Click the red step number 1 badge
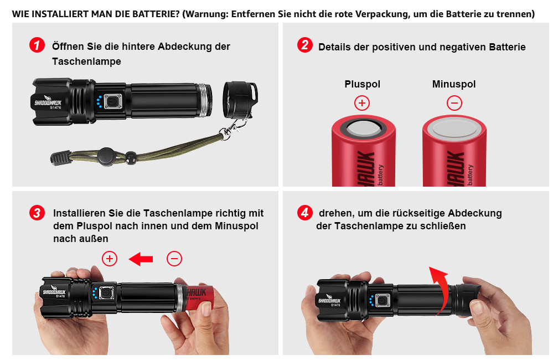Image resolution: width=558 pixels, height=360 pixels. click(x=37, y=45)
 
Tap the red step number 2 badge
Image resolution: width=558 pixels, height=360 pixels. click(x=304, y=45)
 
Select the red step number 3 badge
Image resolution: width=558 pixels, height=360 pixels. click(x=37, y=213)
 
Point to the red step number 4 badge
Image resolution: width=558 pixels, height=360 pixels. click(x=304, y=213)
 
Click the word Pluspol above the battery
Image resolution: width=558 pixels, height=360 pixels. click(x=362, y=84)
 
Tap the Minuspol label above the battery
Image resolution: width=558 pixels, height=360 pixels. click(x=454, y=84)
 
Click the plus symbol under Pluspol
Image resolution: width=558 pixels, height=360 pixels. click(x=362, y=103)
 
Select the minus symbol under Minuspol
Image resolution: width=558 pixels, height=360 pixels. click(x=454, y=103)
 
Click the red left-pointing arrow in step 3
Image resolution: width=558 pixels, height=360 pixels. click(x=141, y=259)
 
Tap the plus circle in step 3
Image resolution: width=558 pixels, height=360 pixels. click(x=110, y=259)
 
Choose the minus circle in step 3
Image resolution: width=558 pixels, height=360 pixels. click(x=174, y=259)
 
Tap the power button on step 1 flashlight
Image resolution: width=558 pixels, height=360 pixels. click(x=113, y=101)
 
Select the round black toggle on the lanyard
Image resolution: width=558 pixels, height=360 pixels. click(x=106, y=157)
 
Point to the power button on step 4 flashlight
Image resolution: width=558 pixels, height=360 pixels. click(x=382, y=301)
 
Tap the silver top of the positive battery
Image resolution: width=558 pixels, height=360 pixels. click(x=363, y=128)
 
